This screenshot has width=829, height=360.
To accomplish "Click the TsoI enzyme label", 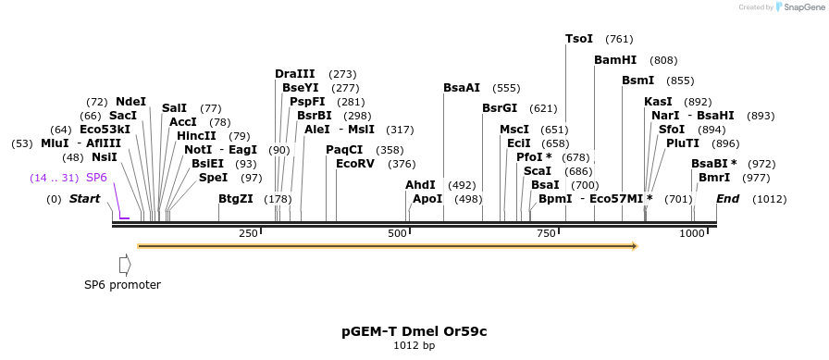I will click(x=579, y=39).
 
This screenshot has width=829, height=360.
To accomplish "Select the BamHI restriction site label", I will click(x=615, y=60).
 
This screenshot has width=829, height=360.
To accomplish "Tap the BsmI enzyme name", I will click(x=638, y=81).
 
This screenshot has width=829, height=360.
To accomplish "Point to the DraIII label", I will click(x=294, y=74).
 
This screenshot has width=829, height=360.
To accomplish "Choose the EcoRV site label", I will click(x=355, y=164).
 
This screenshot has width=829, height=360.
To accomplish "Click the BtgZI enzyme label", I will click(x=235, y=199).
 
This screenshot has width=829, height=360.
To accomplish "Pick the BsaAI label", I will click(x=462, y=88).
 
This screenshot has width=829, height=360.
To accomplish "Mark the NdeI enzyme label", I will click(x=130, y=102).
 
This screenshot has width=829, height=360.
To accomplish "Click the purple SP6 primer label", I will click(x=96, y=178).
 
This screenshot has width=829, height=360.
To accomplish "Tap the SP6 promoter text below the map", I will click(x=122, y=285).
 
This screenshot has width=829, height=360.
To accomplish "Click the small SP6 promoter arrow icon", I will click(x=125, y=265).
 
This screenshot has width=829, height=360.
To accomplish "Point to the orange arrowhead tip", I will click(x=636, y=246).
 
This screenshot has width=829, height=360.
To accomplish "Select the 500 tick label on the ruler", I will click(x=398, y=234).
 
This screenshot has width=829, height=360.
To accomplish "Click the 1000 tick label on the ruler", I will click(x=692, y=234).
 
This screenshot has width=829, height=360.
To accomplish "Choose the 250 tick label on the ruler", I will click(x=248, y=234).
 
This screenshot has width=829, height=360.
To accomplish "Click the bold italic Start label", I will click(x=84, y=199).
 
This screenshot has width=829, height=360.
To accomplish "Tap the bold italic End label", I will click(x=727, y=199).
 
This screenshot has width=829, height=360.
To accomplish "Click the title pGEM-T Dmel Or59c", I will click(x=414, y=330).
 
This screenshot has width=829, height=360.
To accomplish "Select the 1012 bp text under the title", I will click(x=414, y=346).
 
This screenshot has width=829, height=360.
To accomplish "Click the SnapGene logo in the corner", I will click(x=797, y=6).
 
